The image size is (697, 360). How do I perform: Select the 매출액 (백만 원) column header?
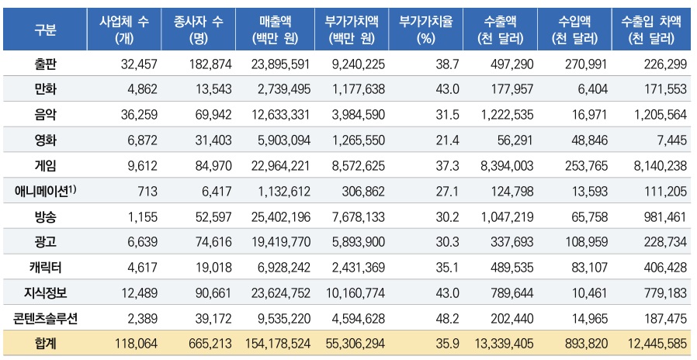(x=276, y=30)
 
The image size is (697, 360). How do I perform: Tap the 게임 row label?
(x=45, y=165)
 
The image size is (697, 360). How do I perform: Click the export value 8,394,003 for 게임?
(x=504, y=165)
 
